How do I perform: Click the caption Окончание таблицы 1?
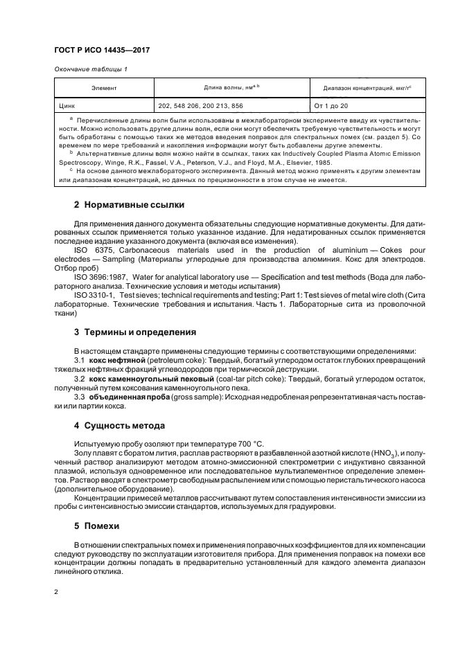tap(90, 70)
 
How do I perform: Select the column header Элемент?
tap(104, 89)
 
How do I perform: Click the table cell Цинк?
tap(68, 106)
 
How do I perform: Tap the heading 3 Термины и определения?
tap(135, 332)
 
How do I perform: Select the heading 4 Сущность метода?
tap(119, 425)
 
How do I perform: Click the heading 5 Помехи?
tap(97, 526)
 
